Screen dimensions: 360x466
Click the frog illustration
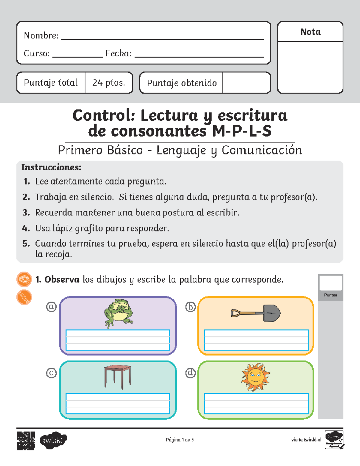[x=118, y=313]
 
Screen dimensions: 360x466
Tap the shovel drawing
[x=256, y=313]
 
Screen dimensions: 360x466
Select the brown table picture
[x=118, y=377]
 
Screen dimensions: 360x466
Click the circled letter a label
[x=51, y=307]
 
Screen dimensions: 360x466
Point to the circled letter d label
[x=190, y=373]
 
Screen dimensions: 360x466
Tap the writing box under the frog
[x=118, y=340]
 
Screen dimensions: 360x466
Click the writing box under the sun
[x=256, y=404]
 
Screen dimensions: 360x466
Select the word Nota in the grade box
[x=310, y=32]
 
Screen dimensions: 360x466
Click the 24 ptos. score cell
[x=109, y=83]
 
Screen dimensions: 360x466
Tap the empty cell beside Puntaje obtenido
[x=246, y=83]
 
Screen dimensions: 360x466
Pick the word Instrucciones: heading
[x=51, y=167]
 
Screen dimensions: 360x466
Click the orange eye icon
[x=24, y=279]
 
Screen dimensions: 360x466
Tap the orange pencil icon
[x=24, y=297]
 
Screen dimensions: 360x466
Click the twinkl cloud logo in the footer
[x=53, y=440]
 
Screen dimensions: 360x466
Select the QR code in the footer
[x=26, y=441]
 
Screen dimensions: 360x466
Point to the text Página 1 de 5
[x=180, y=440]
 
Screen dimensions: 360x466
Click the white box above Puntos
[x=331, y=283]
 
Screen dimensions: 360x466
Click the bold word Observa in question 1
[x=62, y=280]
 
